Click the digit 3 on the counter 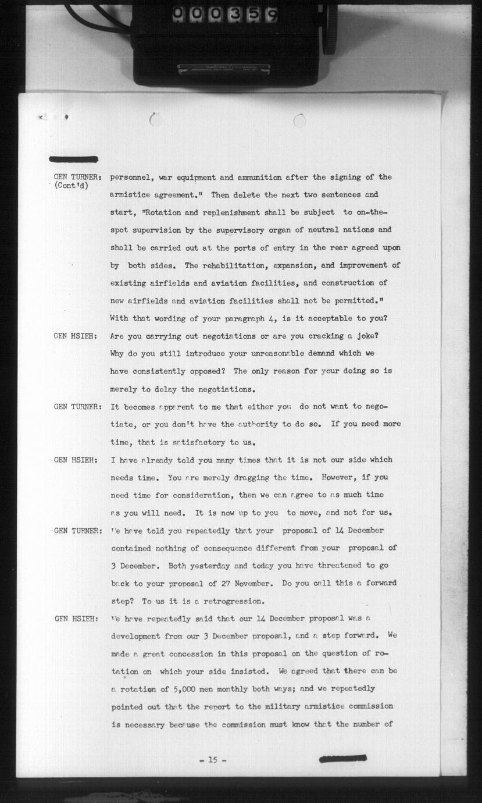pyautogui.click(x=235, y=14)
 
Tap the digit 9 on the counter pyautogui.click(x=272, y=14)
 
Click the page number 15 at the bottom pyautogui.click(x=212, y=759)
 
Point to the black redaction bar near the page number pyautogui.click(x=343, y=758)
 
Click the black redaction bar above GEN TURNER pyautogui.click(x=74, y=159)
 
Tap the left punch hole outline pyautogui.click(x=155, y=120)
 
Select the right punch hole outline pyautogui.click(x=299, y=120)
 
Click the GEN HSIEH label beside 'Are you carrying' pyautogui.click(x=75, y=336)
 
